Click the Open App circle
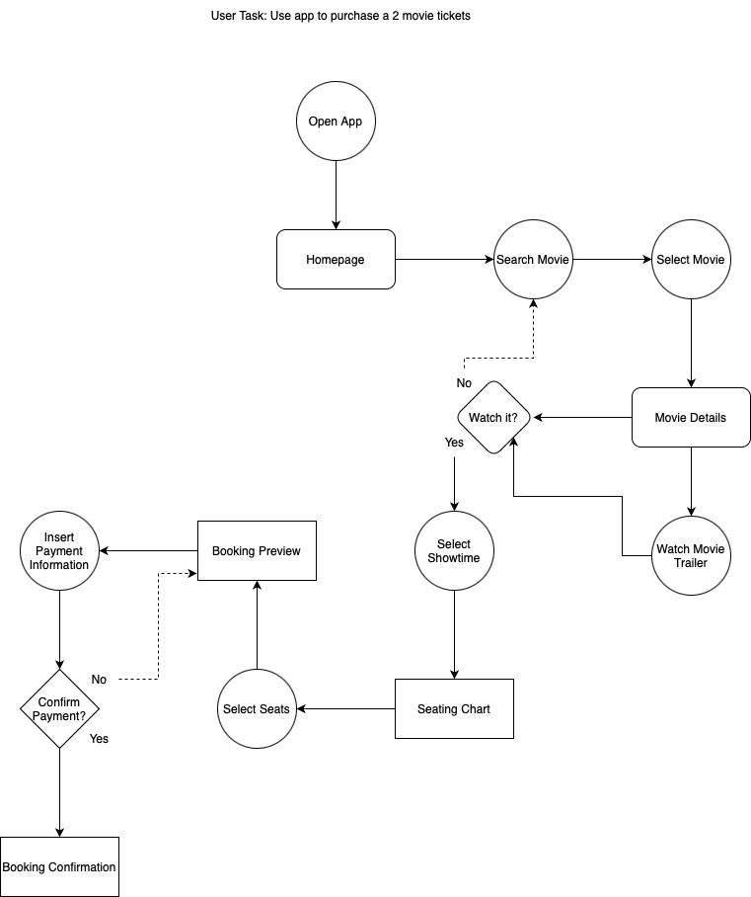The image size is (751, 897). pos(336,122)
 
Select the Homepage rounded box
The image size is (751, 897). pos(336,260)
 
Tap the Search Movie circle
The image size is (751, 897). pos(533,260)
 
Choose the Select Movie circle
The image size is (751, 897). pos(691,260)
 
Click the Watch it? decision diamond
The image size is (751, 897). pos(493,418)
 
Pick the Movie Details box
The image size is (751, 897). pos(691,418)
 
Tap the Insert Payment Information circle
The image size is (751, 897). pos(59,551)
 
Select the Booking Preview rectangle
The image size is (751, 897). pos(257,551)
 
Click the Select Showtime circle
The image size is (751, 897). pos(454,551)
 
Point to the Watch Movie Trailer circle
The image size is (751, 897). pos(691,555)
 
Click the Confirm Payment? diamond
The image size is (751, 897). pos(59,709)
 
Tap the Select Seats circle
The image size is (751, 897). pos(257,709)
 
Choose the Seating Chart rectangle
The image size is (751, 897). pos(454,709)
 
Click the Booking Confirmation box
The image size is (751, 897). pos(59,867)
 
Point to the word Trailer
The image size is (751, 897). pos(691,563)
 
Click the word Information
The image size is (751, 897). pos(59,565)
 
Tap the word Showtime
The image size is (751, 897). pos(454,558)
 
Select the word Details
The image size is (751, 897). pos(708,418)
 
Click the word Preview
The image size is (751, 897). pos(280,551)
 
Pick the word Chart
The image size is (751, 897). pos(474,709)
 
